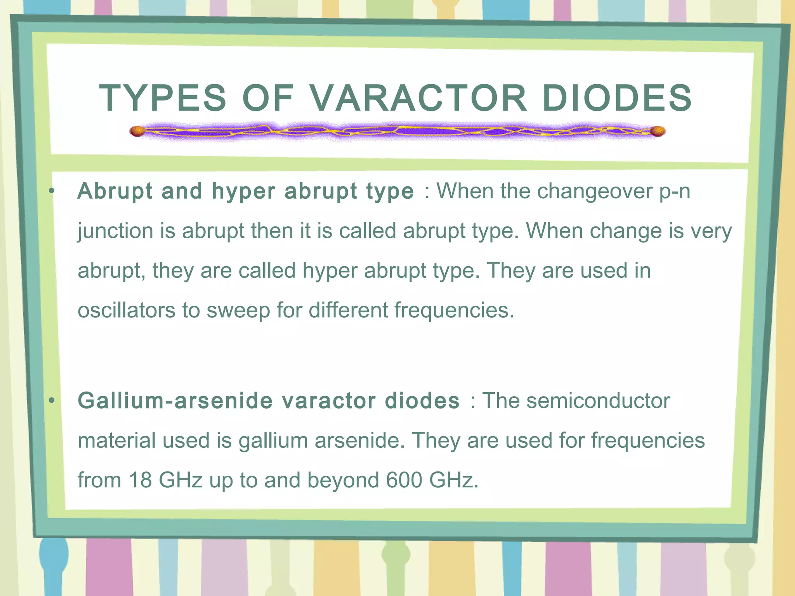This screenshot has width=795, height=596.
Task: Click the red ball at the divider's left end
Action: (x=137, y=131)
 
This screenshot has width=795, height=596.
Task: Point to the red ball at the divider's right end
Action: (x=658, y=131)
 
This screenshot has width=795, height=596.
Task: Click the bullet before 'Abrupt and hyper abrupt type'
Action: (x=52, y=191)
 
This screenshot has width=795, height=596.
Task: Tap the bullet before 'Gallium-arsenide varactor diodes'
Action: (x=52, y=400)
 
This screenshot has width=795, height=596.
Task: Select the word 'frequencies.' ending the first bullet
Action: (x=454, y=310)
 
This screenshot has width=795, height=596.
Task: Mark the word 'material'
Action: (x=116, y=440)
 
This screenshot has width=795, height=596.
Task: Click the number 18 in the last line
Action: (x=140, y=480)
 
